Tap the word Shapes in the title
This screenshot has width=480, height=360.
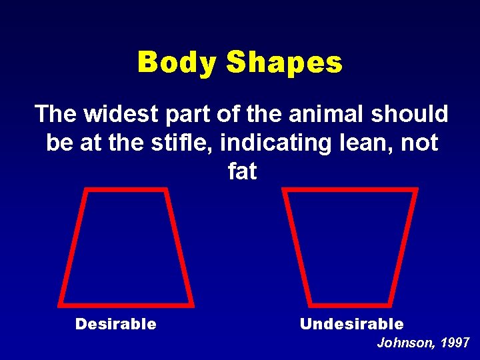point(284,63)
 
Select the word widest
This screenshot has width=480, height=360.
point(119,114)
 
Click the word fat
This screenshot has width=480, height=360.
point(241,171)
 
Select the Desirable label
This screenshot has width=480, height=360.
point(116,325)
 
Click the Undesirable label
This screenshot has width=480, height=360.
point(351,325)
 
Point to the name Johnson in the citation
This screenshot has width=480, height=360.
point(405,343)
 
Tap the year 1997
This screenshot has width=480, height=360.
point(455,343)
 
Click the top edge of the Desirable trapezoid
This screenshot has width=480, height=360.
point(126,190)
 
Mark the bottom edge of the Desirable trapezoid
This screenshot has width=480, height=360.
point(126,304)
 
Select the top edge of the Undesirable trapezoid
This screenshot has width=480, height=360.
point(350,190)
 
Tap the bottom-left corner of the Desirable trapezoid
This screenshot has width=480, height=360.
point(60,304)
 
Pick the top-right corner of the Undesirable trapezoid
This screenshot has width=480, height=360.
point(416,190)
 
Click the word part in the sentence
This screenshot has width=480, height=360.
point(180,114)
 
